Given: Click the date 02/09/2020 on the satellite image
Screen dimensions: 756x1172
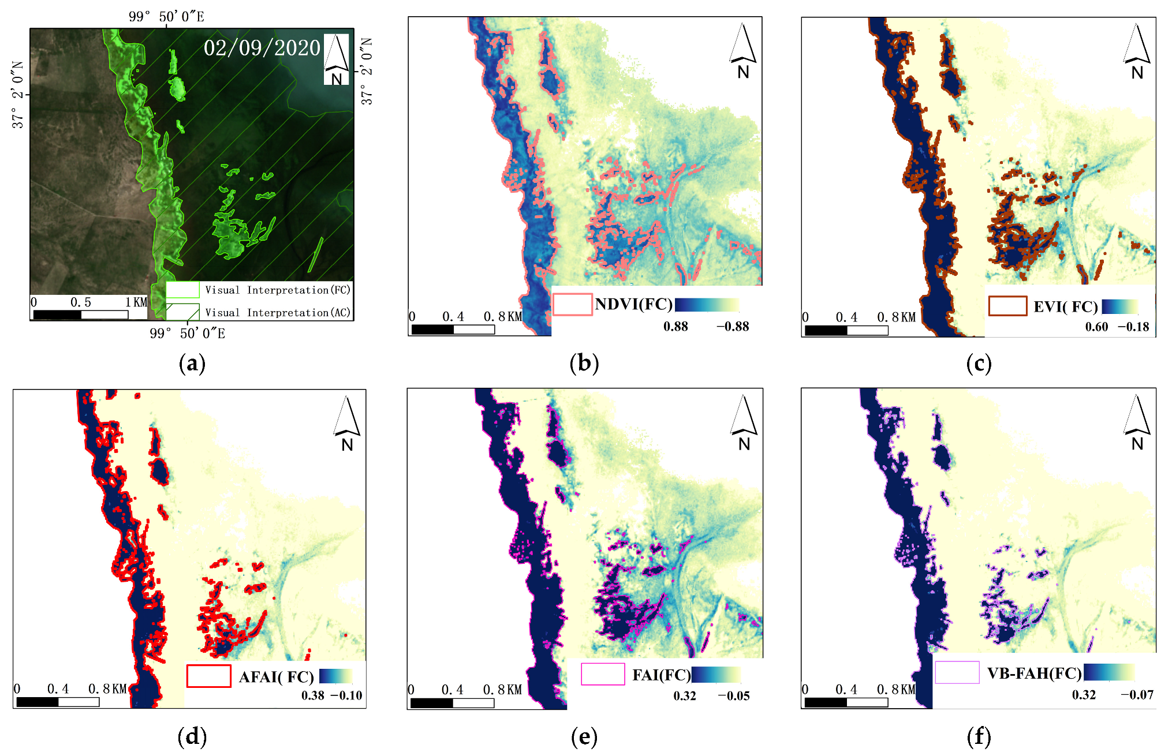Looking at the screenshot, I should (262, 48).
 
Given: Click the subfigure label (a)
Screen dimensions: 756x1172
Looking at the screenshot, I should (192, 364).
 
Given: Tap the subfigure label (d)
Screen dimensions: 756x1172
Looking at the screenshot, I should (192, 736).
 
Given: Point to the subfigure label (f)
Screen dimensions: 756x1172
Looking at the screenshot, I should (979, 736).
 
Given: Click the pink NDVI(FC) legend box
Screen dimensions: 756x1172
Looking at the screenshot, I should (572, 305).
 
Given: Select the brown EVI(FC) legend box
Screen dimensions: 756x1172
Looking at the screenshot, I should (1007, 306).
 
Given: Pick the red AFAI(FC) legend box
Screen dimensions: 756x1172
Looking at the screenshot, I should (208, 676).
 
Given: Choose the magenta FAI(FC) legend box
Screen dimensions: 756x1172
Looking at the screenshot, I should (603, 674).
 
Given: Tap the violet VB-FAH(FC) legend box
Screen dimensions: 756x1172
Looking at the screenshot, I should (957, 672).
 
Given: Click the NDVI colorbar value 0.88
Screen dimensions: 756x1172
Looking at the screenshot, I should (675, 327).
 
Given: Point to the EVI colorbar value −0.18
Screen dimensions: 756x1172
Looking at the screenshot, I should (1133, 327).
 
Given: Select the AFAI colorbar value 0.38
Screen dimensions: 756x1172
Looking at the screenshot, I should (312, 696).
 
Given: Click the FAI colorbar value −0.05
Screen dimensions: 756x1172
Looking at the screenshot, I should (733, 696).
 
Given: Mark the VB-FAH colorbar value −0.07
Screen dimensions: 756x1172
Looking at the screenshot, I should (1137, 695).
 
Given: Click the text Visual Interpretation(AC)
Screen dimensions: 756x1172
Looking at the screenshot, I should (278, 313).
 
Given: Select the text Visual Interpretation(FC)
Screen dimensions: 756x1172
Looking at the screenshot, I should (278, 290).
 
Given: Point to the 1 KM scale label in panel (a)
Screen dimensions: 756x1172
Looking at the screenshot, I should (137, 302).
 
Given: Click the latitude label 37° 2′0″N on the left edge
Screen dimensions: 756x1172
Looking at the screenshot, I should (18, 95).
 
